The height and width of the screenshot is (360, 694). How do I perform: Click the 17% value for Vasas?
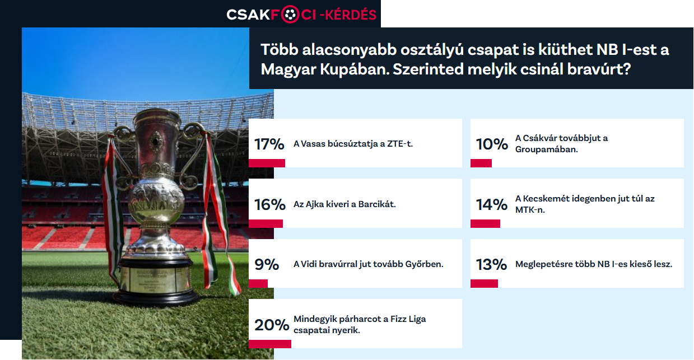coord(269,144)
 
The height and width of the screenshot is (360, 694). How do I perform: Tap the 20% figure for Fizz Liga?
coord(272,325)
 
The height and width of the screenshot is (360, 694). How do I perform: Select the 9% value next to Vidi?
coord(267,265)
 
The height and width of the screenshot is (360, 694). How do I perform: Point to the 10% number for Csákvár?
coord(492,144)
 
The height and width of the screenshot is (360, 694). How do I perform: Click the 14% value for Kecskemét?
coord(492,204)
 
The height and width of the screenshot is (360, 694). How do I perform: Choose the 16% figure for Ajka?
coord(270,204)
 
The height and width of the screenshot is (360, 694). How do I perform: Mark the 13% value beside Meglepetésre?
coord(491,265)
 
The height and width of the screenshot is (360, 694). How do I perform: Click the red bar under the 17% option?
coord(267,163)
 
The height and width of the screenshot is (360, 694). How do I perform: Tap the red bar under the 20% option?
coord(270,344)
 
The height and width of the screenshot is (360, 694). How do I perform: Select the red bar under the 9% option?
coord(258,283)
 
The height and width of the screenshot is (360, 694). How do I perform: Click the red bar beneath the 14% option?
coord(485,224)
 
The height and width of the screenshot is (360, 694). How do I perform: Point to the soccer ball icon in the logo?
coord(290,15)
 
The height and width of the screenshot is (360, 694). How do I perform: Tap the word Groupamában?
coord(547,149)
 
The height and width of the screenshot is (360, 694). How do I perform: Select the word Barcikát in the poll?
coord(377,204)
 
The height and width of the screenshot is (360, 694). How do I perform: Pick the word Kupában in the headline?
coord(355,69)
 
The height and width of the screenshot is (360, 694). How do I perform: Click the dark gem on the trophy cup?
coord(156,142)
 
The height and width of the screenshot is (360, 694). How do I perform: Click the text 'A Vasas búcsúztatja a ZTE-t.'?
coord(353,144)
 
